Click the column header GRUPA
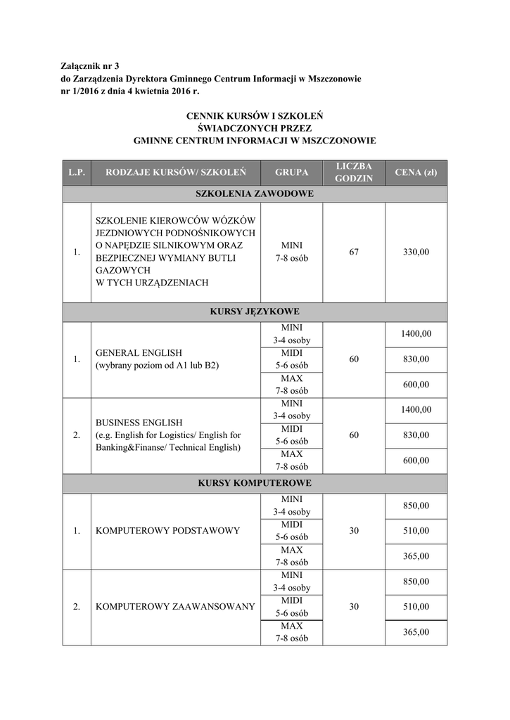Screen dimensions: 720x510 (291, 172)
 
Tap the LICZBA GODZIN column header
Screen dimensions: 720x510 (353, 172)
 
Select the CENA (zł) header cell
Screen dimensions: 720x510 (415, 172)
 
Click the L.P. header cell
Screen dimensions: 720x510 (76, 172)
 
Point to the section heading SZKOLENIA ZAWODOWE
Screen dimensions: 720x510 (254, 193)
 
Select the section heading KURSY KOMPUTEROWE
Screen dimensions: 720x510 (254, 483)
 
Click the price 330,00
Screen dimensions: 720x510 (415, 252)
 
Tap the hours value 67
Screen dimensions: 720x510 (353, 252)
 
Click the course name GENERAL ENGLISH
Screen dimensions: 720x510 (139, 353)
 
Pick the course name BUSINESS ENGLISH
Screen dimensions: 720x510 (139, 423)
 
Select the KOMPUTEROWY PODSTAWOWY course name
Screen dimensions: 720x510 (167, 530)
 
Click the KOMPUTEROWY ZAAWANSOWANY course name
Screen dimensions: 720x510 (174, 606)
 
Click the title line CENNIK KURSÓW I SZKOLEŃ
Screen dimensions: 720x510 (254, 115)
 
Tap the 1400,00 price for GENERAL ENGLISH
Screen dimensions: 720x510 (415, 334)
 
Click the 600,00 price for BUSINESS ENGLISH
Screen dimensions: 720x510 (415, 460)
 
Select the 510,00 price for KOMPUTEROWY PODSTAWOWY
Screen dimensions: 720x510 (415, 530)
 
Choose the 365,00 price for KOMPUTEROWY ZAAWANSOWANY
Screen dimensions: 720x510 (415, 631)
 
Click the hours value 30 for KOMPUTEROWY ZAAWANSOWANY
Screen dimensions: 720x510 (353, 606)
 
